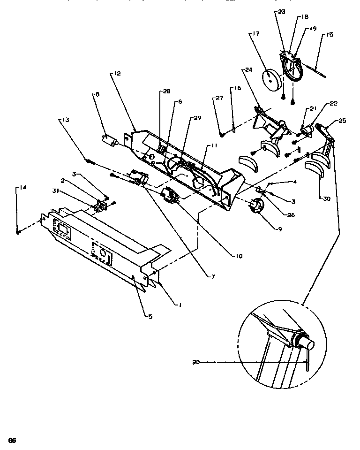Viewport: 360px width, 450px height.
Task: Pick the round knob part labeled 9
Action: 255,206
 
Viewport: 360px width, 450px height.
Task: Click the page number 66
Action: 12,440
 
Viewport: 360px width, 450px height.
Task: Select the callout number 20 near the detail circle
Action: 196,362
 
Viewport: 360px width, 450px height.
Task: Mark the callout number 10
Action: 239,256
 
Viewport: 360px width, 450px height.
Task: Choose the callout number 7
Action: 213,277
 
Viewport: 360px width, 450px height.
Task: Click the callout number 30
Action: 326,198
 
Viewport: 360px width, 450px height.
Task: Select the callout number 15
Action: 330,34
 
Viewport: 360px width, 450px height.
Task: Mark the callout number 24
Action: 248,70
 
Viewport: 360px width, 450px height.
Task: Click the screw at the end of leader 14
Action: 18,231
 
